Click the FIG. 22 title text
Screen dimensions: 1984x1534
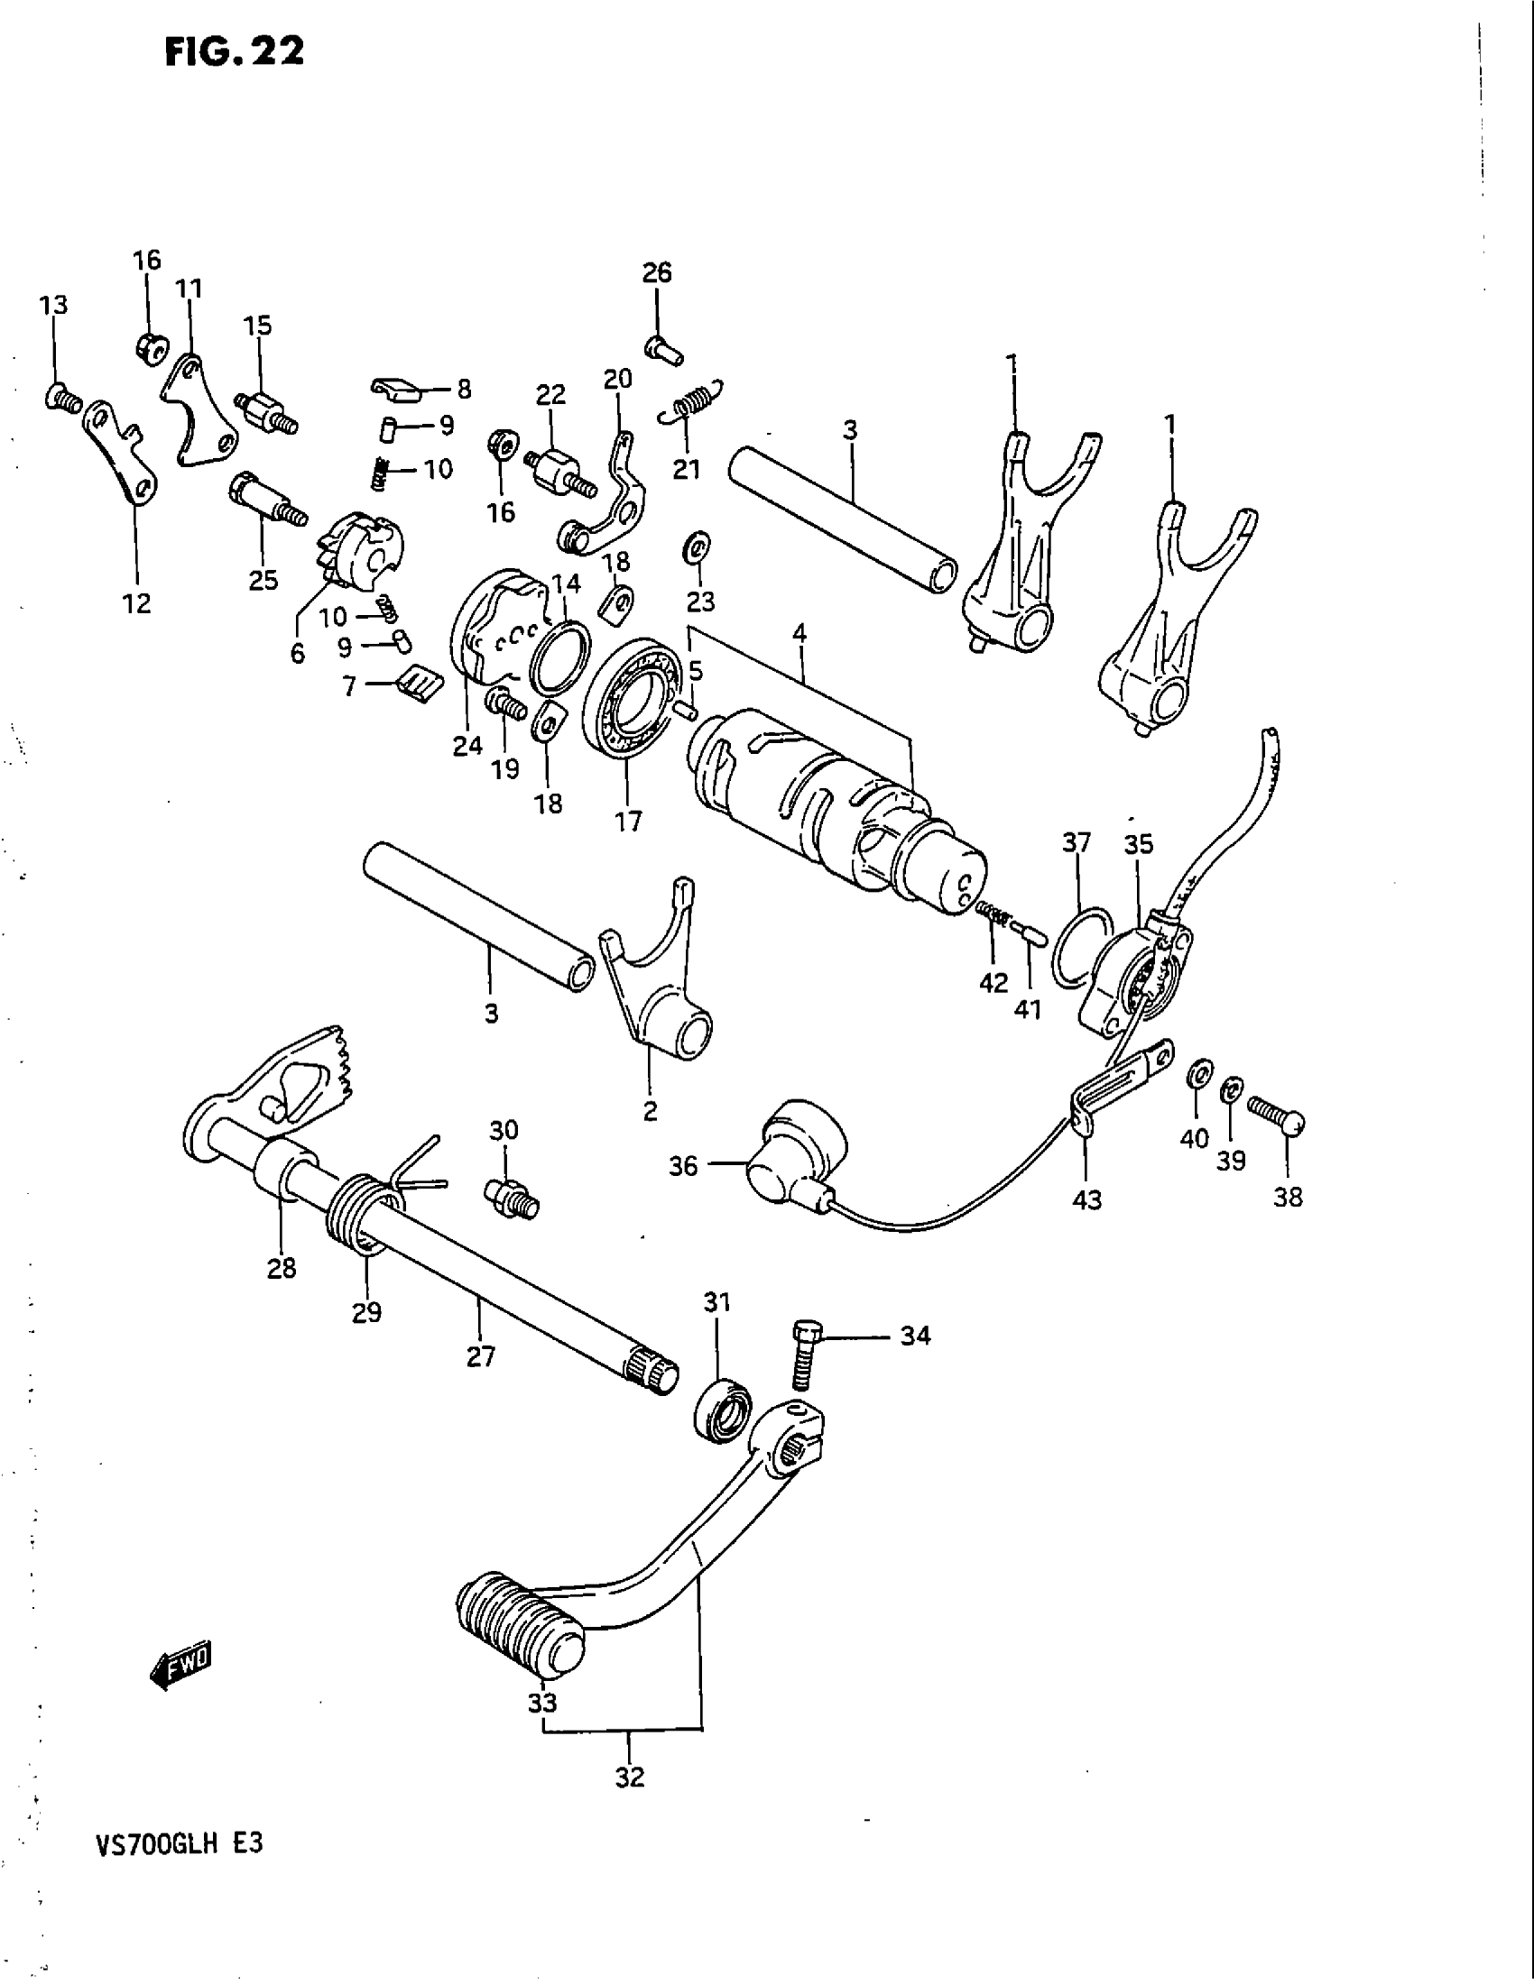tap(235, 52)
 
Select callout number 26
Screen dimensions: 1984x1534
tap(657, 272)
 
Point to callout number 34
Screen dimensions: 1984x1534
tap(915, 1336)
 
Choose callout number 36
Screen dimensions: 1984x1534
tap(682, 1165)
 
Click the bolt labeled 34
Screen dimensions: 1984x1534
tap(803, 1355)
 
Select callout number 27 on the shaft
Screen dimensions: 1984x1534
tap(481, 1357)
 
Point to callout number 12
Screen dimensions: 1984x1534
tap(137, 603)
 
